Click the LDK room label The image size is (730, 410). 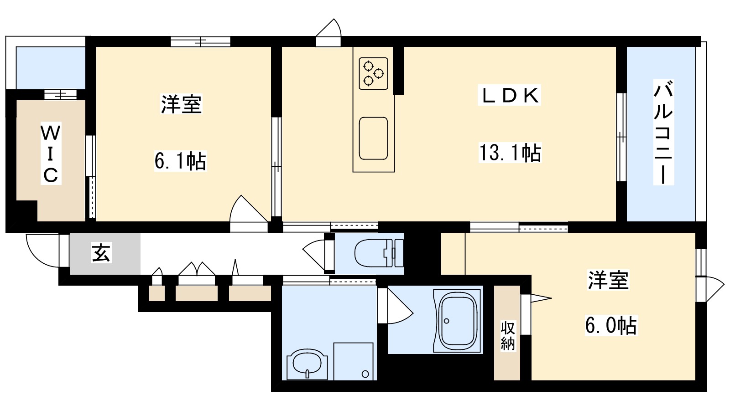(x=509, y=96)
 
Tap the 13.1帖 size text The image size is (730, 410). (x=510, y=153)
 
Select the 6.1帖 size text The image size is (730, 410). (x=180, y=161)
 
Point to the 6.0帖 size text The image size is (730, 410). (x=610, y=326)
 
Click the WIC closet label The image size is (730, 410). (x=50, y=154)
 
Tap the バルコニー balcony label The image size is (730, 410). (x=662, y=133)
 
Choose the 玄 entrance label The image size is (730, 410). (x=101, y=253)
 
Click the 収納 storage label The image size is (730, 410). (x=508, y=336)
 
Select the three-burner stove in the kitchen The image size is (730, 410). (x=373, y=73)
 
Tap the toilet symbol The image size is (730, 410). (x=379, y=253)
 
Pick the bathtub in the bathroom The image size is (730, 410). (x=458, y=320)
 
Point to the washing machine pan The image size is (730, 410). (x=354, y=361)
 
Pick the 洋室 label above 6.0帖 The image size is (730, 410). (x=608, y=280)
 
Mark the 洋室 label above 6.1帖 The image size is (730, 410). (x=181, y=104)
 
